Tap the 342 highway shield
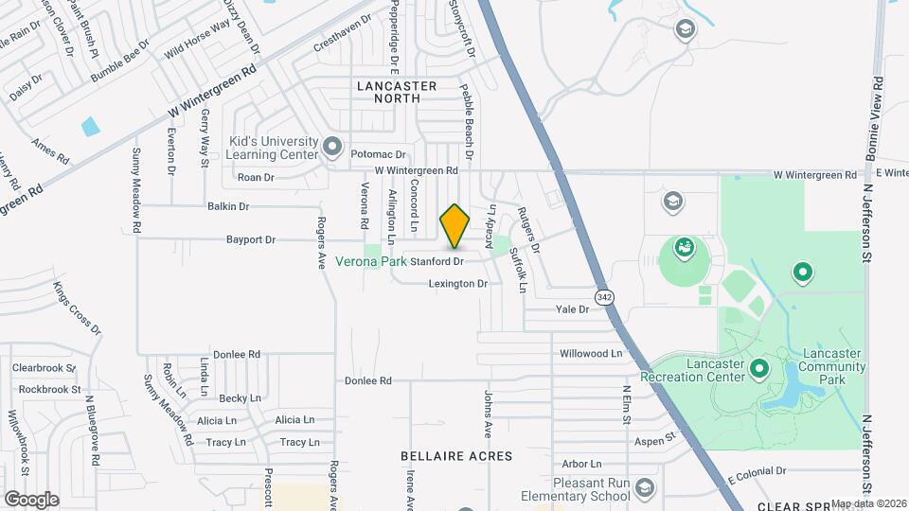(x=603, y=297)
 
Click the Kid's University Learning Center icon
(x=331, y=147)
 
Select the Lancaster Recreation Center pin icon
(x=758, y=368)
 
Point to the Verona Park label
(x=373, y=261)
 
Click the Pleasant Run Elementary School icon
(x=645, y=487)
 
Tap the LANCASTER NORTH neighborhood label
(x=397, y=92)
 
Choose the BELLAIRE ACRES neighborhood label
(x=456, y=456)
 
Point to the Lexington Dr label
(x=457, y=283)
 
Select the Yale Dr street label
(x=572, y=308)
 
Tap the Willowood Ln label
(x=592, y=353)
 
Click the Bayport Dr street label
(x=250, y=239)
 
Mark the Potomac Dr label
(x=378, y=154)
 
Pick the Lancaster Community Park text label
(x=830, y=365)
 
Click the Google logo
(x=31, y=499)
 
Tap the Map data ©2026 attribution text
(x=869, y=503)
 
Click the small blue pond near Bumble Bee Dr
(x=91, y=126)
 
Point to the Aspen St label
(x=654, y=439)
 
